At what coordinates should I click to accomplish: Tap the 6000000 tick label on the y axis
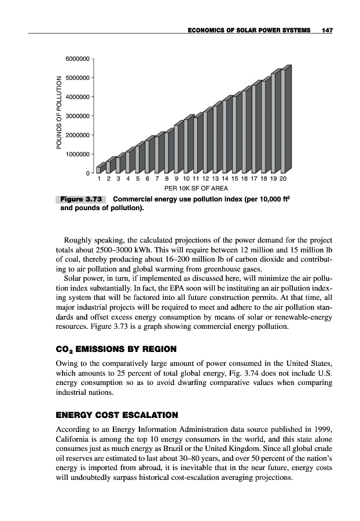78,59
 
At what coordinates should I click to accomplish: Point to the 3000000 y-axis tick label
78,116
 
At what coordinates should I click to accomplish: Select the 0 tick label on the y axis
87,173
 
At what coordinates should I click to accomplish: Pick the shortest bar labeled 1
99,168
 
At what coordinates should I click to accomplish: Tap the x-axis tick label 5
138,179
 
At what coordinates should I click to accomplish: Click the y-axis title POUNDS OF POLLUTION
58,116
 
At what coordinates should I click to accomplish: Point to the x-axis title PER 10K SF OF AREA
196,188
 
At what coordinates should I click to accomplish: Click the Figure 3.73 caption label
82,199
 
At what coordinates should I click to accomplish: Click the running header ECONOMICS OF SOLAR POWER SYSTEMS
248,30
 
